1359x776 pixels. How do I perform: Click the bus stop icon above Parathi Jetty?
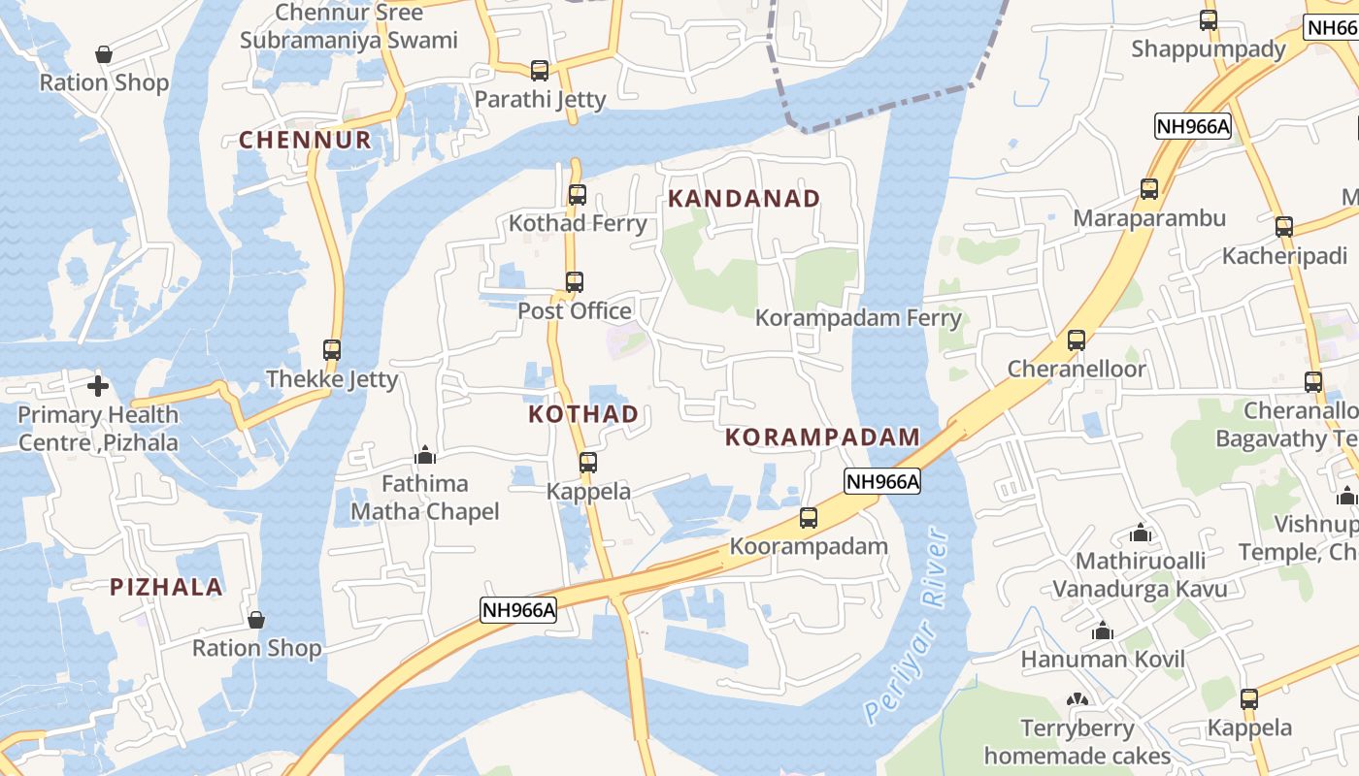click(540, 71)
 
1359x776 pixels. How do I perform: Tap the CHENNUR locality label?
click(306, 140)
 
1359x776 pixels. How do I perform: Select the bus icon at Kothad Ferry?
click(578, 195)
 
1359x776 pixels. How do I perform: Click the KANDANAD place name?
click(745, 199)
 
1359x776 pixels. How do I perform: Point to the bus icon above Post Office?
click(575, 282)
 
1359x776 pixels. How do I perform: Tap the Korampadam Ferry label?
click(858, 318)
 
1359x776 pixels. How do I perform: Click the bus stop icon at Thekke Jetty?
click(332, 350)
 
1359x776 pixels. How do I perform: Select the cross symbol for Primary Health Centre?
click(98, 387)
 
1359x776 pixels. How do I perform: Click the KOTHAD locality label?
click(583, 414)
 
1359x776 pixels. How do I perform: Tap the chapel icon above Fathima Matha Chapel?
click(425, 455)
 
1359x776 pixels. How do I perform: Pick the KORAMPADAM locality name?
click(822, 437)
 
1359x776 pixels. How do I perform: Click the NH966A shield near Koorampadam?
click(881, 481)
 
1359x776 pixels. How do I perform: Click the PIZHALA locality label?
click(167, 587)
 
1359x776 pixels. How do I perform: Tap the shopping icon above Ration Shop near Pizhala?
click(256, 620)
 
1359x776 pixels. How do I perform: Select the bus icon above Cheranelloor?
click(1077, 340)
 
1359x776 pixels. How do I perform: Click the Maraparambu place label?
click(1149, 218)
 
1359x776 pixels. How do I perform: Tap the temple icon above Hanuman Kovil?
click(1102, 631)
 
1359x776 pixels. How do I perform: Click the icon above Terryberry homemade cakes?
click(1077, 699)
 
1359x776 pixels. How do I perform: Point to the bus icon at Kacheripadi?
click(1284, 227)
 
